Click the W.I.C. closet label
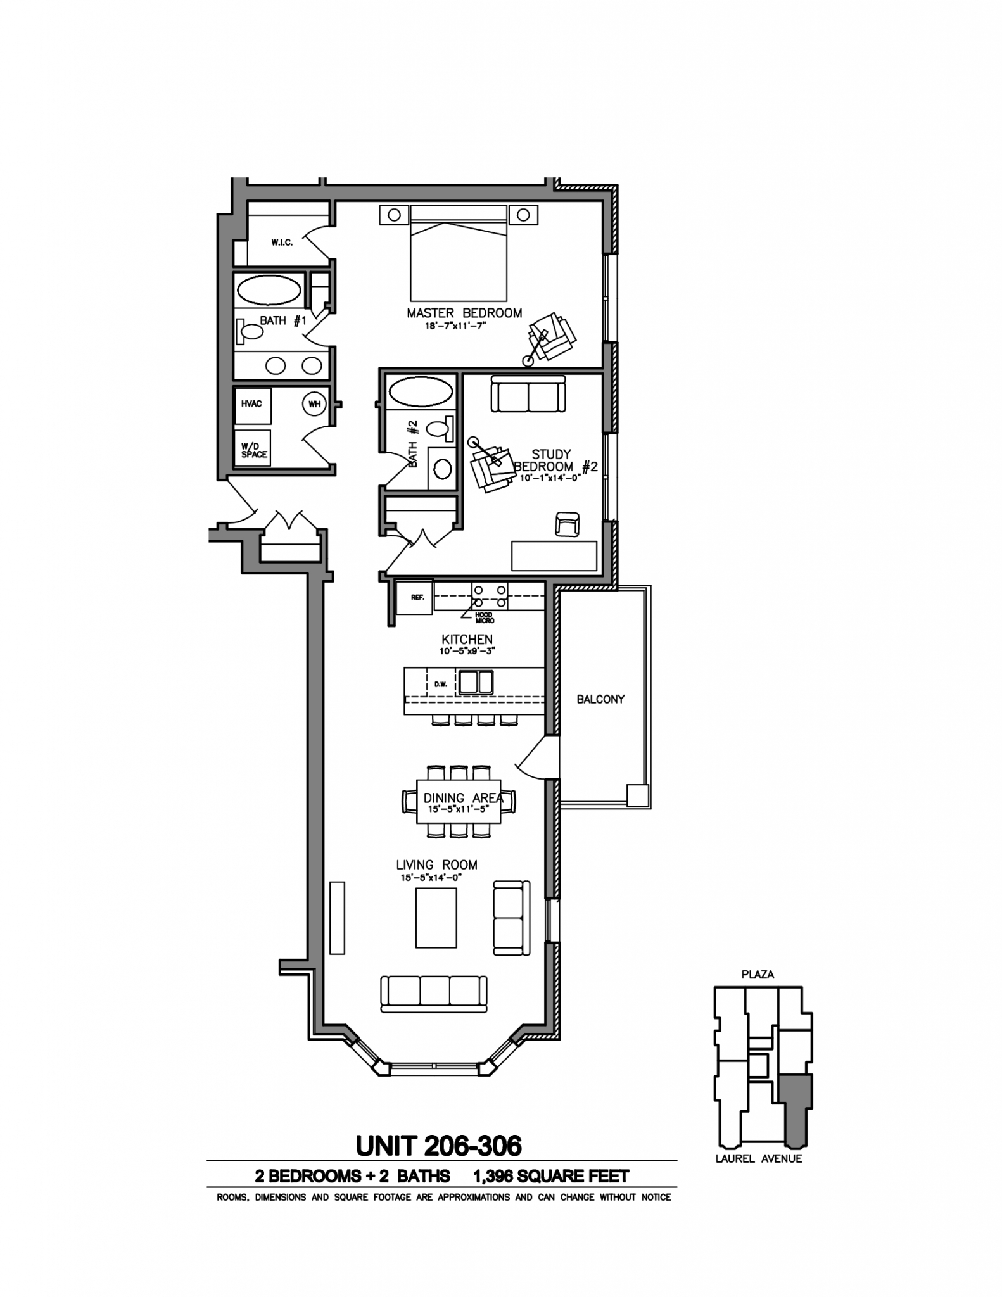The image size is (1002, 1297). [x=282, y=243]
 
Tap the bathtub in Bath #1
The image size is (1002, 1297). [x=269, y=291]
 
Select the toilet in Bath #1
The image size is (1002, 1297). [x=249, y=331]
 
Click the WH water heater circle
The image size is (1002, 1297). [x=314, y=403]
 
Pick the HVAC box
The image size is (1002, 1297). [x=252, y=405]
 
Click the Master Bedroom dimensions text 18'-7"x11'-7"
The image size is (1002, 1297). [x=455, y=327]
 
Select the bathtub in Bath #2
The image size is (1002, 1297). [x=420, y=391]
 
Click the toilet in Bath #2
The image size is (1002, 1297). [x=440, y=429]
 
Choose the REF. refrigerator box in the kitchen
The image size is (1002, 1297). [x=415, y=597]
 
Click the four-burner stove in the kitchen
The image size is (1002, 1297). [x=490, y=597]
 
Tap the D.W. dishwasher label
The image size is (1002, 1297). [x=441, y=684]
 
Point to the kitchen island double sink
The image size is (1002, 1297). [x=476, y=682]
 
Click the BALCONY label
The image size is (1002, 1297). [x=600, y=699]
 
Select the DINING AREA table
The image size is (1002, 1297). [x=459, y=801]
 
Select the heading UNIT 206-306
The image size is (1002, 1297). [x=438, y=1146]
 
